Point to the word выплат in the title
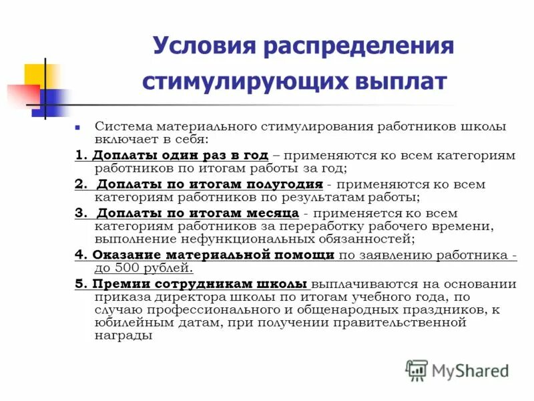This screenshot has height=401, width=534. [x=403, y=82]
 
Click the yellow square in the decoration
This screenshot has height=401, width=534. [x=41, y=74]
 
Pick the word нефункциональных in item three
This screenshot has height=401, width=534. [x=206, y=239]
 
